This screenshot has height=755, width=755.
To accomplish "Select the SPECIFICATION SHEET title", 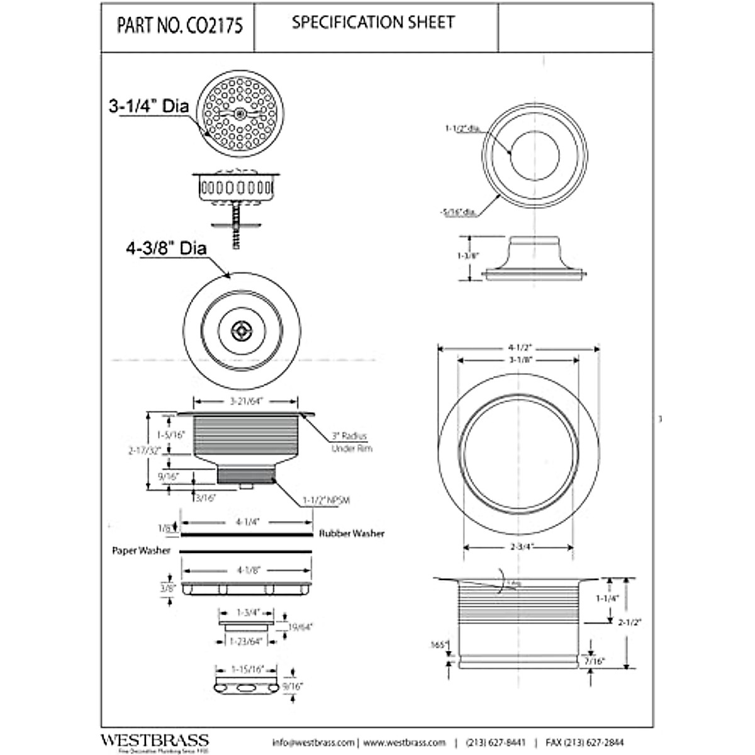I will click(x=373, y=23).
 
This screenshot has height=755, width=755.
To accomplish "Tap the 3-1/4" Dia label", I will click(x=149, y=107).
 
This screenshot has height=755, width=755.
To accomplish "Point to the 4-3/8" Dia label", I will click(x=166, y=249).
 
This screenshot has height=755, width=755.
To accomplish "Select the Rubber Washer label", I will click(x=351, y=534).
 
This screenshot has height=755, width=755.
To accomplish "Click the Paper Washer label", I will click(x=141, y=551).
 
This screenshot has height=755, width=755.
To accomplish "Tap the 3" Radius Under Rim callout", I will click(x=351, y=442).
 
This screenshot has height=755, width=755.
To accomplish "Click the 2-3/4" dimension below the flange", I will click(x=519, y=547).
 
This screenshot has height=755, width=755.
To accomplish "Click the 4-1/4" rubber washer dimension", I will click(x=247, y=522).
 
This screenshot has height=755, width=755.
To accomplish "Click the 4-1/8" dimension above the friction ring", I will click(x=247, y=571).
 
